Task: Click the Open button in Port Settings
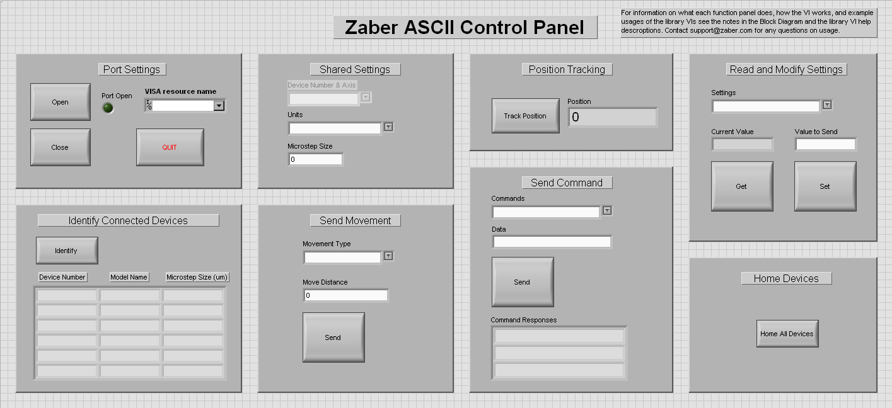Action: (x=61, y=102)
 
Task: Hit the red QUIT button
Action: (x=170, y=147)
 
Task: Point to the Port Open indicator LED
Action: (x=108, y=108)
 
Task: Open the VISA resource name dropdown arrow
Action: (x=219, y=105)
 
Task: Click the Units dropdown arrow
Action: (x=388, y=127)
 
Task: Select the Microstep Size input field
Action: (x=315, y=159)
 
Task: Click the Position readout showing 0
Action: (x=613, y=117)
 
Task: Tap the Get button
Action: (x=742, y=186)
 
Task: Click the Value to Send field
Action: (x=826, y=144)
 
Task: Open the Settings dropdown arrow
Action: (x=827, y=105)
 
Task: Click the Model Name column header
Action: (x=129, y=277)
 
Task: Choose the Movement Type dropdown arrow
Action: (x=388, y=256)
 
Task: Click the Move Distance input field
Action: (x=345, y=295)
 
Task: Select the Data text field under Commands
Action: (x=552, y=242)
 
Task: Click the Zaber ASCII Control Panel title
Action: (x=465, y=28)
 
